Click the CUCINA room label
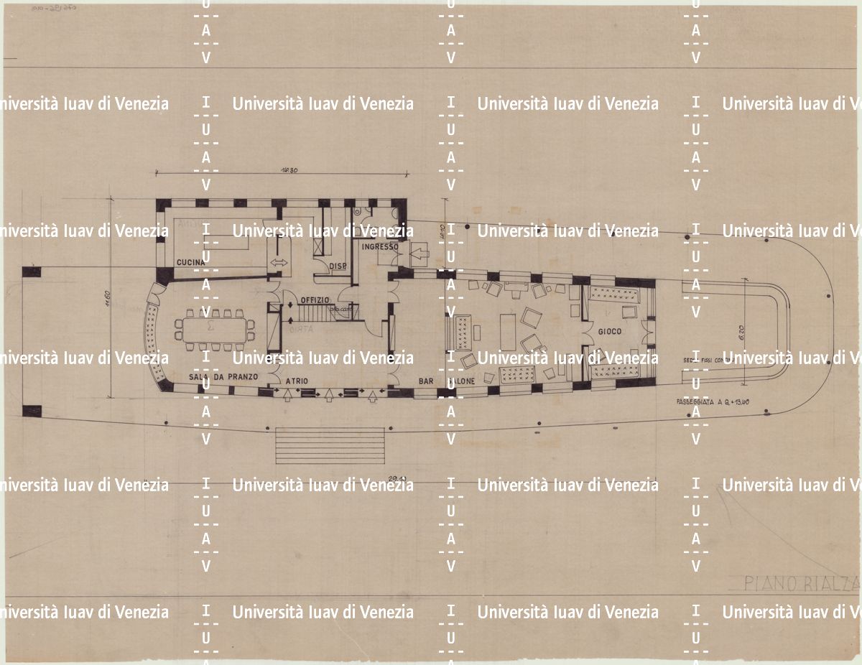point(191,263)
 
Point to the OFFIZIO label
point(315,299)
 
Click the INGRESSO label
point(380,247)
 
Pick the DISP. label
point(338,266)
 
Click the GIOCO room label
point(609,331)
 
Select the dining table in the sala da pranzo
point(213,330)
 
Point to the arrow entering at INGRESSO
point(417,252)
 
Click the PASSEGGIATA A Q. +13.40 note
point(708,402)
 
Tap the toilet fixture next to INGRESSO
point(358,213)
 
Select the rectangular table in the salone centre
point(508,332)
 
